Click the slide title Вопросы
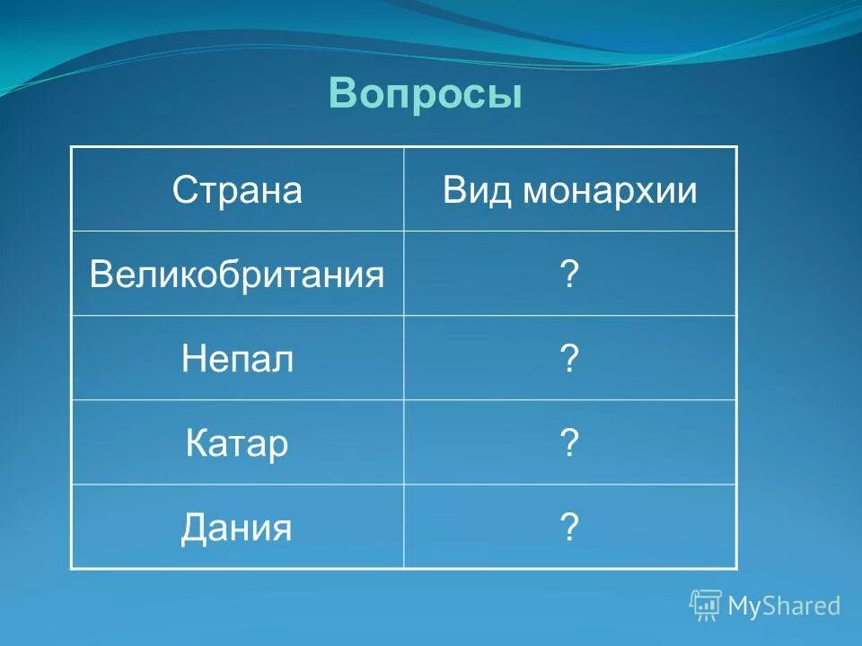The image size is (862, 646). [425, 93]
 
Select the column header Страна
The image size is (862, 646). [237, 190]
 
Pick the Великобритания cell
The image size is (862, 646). [237, 275]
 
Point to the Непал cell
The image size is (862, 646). [237, 360]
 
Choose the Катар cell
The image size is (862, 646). [237, 444]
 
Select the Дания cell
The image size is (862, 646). [237, 528]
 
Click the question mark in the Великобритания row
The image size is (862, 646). [568, 275]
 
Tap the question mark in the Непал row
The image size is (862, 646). [568, 360]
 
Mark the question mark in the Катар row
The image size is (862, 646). [568, 444]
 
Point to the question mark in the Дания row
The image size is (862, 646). [568, 528]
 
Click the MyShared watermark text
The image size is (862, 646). [784, 606]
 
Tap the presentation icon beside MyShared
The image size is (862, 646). [706, 606]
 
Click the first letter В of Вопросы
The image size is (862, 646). [342, 93]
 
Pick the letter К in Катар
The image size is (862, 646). [196, 444]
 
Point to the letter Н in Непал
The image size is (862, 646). [192, 360]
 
